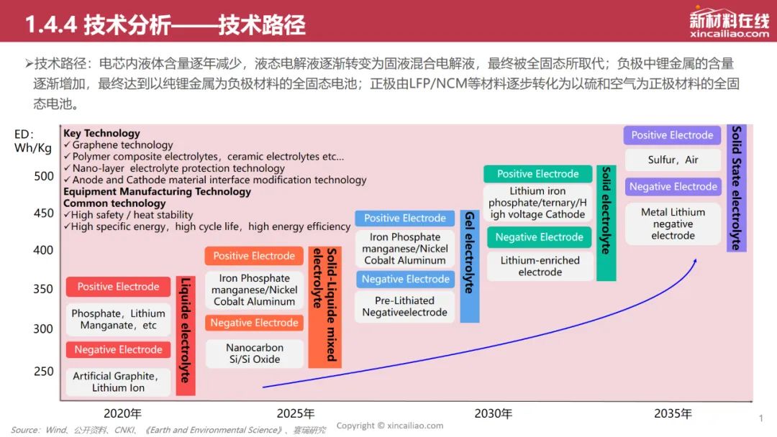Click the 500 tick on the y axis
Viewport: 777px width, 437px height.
point(44,176)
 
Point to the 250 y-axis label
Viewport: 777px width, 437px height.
point(44,371)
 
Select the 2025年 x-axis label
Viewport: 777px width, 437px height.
point(296,413)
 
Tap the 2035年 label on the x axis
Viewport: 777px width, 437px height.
point(673,413)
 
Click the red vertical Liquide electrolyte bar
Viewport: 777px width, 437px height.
point(186,336)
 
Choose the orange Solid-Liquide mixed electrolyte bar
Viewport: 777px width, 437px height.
point(324,307)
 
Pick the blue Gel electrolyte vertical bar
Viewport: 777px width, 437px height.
point(470,266)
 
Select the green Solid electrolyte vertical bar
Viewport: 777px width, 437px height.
point(606,223)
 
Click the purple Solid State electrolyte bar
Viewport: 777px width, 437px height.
point(737,188)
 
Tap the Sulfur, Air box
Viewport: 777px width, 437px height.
point(673,160)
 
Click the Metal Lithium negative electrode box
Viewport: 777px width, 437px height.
point(673,224)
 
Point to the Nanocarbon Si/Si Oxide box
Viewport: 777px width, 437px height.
point(254,354)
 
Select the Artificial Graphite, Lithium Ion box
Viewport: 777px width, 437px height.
point(118,382)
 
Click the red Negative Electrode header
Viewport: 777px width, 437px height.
point(118,349)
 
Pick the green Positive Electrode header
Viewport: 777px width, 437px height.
point(537,174)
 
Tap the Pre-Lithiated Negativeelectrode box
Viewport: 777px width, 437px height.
point(405,306)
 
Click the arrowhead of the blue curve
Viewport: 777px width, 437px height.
point(695,261)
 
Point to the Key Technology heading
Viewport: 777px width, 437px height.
point(101,133)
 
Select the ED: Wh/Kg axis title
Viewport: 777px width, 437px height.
point(32,141)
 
